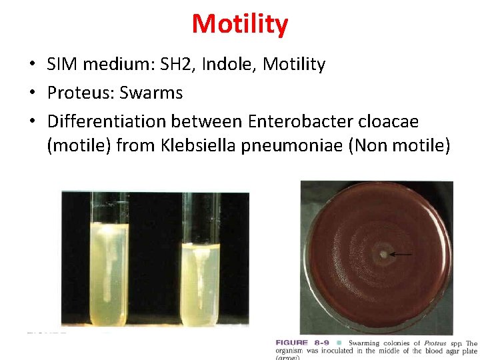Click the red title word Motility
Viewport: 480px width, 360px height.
pos(240,24)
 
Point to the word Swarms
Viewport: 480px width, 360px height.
pos(151,93)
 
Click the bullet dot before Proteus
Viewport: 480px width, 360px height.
pos(31,93)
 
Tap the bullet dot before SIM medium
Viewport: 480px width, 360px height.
pos(31,65)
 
